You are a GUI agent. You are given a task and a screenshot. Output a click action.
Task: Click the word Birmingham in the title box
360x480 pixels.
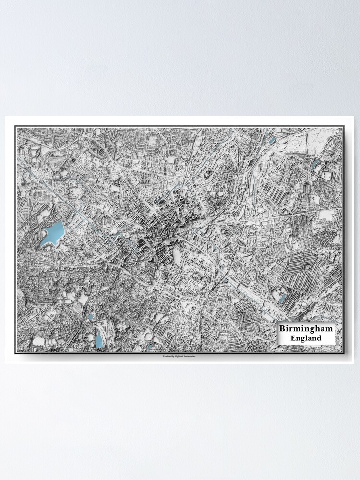pos(306,329)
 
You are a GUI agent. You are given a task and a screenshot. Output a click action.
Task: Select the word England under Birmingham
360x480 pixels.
pos(306,338)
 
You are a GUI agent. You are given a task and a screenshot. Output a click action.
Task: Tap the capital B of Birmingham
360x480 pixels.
pos(282,329)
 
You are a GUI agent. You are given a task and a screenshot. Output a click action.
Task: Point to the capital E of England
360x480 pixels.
pos(293,338)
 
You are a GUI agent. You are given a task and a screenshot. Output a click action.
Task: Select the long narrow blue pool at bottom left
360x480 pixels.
pos(99,340)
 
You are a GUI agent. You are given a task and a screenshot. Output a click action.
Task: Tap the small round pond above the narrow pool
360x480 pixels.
pos(91,317)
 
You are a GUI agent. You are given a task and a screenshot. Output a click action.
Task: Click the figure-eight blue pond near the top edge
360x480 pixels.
pos(272,140)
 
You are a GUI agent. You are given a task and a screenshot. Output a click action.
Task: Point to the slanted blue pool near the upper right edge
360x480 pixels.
pos(314,165)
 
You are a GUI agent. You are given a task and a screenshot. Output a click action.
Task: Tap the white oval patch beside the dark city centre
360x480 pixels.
pos(177,256)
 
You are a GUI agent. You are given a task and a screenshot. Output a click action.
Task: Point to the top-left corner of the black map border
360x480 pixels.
pos(15,127)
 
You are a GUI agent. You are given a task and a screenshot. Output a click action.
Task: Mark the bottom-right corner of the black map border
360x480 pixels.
pos(344,353)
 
